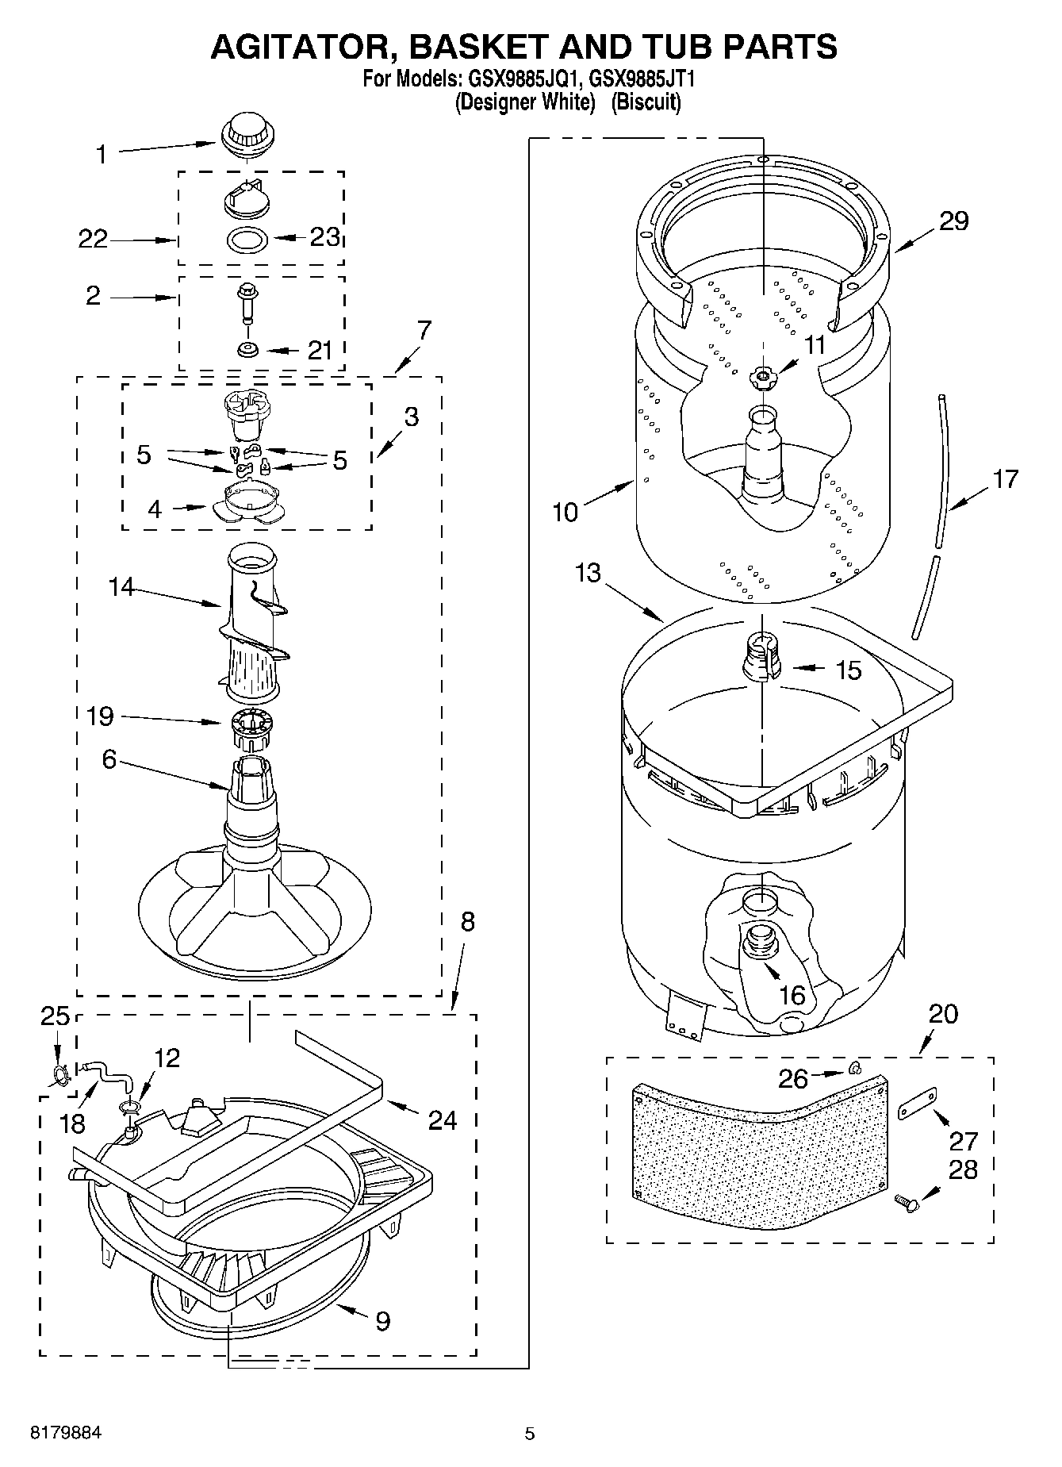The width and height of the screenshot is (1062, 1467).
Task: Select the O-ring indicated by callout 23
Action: point(247,238)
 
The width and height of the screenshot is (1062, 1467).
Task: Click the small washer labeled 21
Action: point(247,349)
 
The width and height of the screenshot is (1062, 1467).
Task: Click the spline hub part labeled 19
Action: point(251,728)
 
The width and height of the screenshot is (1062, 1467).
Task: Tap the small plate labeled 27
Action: point(918,1103)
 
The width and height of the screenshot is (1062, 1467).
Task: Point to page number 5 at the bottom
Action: point(530,1433)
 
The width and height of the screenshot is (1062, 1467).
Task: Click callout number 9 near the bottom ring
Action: point(381,1321)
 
